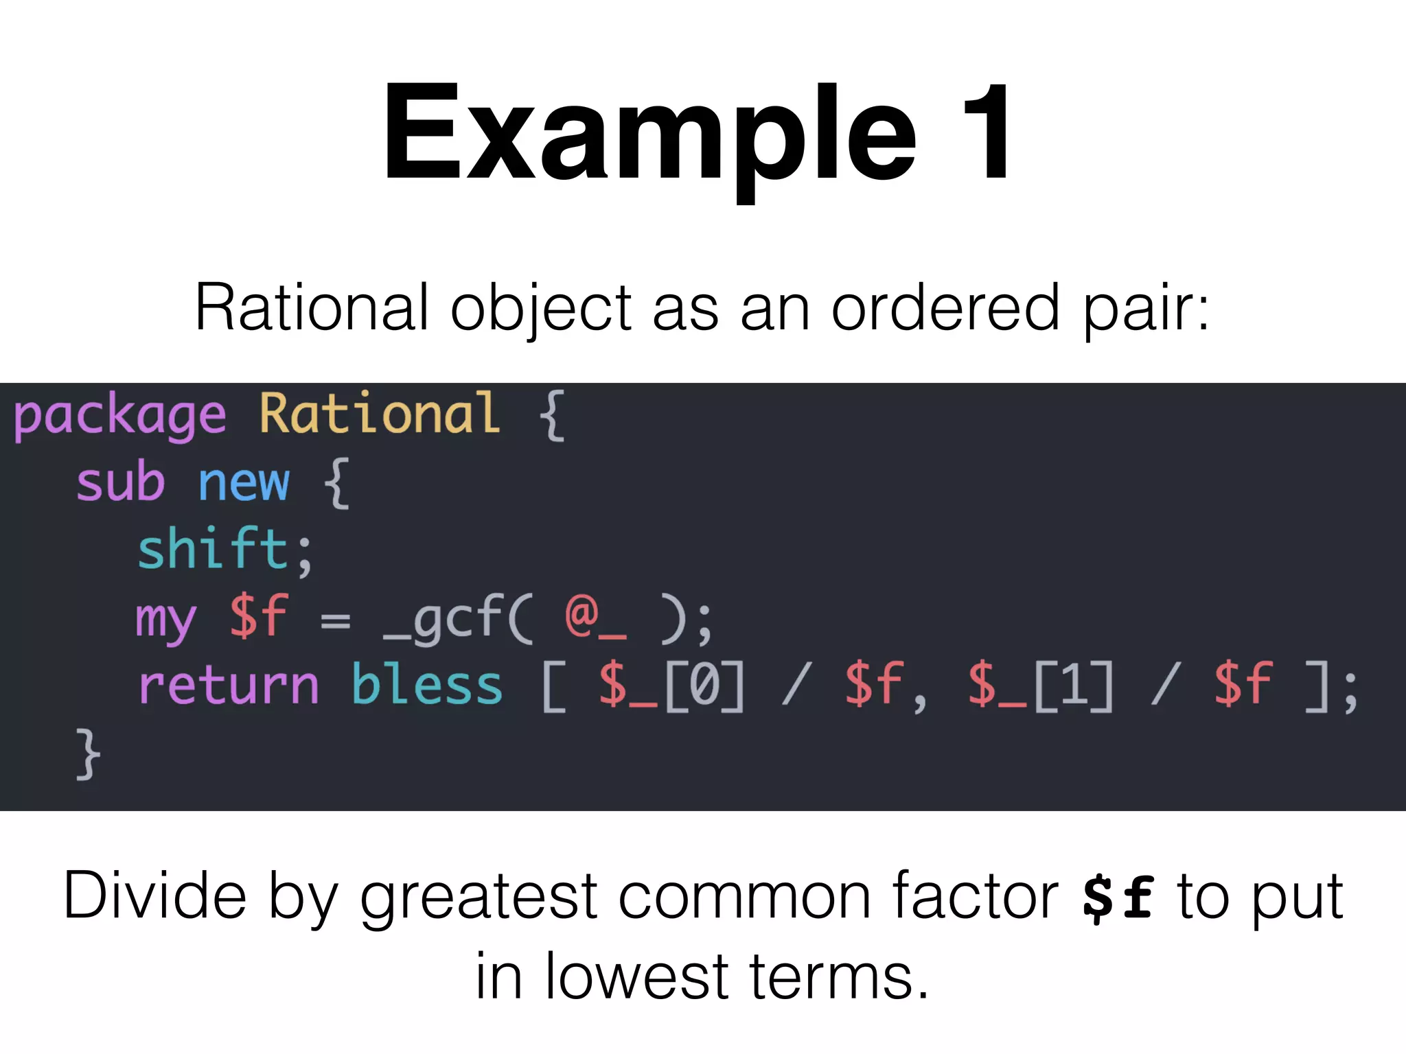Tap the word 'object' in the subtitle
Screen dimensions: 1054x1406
(x=540, y=308)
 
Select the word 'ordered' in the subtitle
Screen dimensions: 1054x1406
(x=945, y=308)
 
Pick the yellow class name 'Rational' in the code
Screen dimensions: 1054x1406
(x=380, y=414)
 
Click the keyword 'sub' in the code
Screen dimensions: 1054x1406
(x=121, y=482)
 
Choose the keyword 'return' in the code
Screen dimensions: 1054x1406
(x=229, y=686)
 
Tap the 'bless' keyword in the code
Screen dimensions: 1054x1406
(x=427, y=686)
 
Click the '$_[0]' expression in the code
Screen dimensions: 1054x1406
(x=671, y=686)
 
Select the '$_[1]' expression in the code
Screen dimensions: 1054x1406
(x=1040, y=686)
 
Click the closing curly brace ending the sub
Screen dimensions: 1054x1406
(x=88, y=754)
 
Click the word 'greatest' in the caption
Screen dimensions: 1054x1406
(x=479, y=898)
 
